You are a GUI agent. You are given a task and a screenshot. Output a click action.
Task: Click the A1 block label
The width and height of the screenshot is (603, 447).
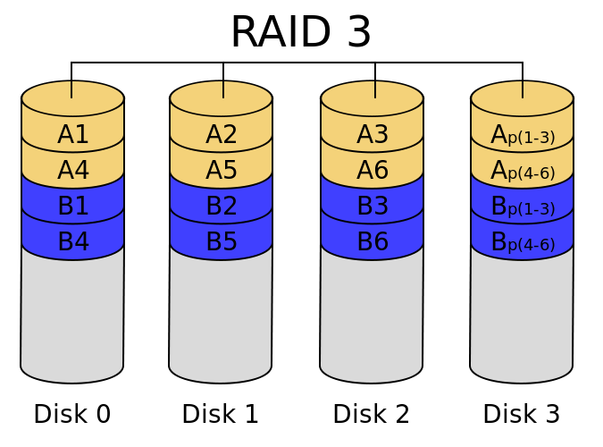(x=73, y=135)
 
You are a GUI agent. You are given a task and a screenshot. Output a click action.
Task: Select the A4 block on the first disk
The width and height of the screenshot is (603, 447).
(x=73, y=171)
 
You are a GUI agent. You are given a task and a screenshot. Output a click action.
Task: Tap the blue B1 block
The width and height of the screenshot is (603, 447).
(x=73, y=207)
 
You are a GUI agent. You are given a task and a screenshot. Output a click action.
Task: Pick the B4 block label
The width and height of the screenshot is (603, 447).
(x=73, y=242)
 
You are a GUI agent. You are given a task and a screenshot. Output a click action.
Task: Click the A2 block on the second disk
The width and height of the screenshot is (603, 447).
(x=222, y=135)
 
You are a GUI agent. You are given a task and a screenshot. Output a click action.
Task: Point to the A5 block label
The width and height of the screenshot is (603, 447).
(x=222, y=171)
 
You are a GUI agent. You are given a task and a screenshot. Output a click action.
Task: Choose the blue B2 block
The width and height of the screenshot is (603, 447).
(x=222, y=207)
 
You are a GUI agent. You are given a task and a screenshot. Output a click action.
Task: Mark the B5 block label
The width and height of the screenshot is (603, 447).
(x=222, y=242)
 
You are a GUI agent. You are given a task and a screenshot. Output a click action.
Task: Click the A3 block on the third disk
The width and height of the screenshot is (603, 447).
(x=373, y=135)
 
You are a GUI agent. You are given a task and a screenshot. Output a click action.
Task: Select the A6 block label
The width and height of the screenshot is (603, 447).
(x=373, y=171)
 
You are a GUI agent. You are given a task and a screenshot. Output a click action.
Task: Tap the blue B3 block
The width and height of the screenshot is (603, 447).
(x=373, y=207)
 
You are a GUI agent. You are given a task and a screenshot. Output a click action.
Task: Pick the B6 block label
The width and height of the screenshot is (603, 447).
(x=373, y=242)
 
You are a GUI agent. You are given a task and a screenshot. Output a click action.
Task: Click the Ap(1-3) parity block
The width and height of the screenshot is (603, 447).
(x=523, y=136)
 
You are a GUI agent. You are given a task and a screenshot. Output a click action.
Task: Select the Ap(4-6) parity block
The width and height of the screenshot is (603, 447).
(x=523, y=172)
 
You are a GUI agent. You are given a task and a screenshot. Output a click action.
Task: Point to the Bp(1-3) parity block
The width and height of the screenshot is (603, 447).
(x=523, y=207)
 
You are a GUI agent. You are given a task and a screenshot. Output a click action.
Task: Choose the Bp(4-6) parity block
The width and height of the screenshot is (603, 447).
(x=523, y=243)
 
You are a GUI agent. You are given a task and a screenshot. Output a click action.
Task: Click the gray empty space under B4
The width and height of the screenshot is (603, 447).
(x=72, y=313)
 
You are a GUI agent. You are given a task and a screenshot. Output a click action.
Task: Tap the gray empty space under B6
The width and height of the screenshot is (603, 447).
(x=372, y=313)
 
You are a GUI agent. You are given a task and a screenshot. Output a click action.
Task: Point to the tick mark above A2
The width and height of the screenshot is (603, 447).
(x=223, y=89)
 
